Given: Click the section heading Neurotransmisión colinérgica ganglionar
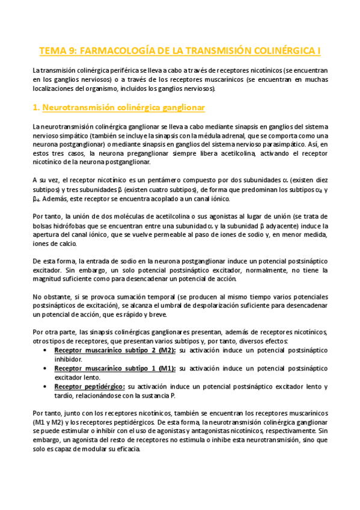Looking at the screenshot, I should pos(120,108).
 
